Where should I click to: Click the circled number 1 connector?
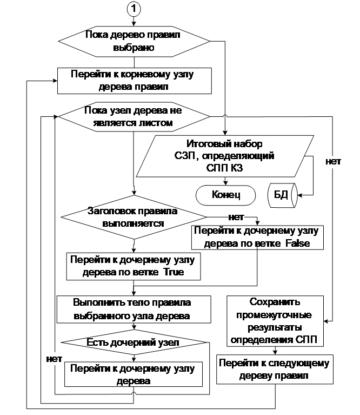[x=134, y=9]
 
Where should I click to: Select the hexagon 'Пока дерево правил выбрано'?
[x=134, y=41]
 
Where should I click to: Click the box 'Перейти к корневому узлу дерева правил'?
[x=135, y=81]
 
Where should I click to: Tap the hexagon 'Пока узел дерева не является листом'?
[x=134, y=116]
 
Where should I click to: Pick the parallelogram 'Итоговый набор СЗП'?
[x=225, y=156]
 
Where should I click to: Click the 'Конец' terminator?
[x=226, y=195]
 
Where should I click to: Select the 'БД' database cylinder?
[x=283, y=195]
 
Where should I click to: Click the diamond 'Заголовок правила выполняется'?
[x=134, y=217]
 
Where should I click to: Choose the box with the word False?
[x=257, y=238]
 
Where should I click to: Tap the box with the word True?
[x=134, y=266]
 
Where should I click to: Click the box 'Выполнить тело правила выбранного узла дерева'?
[x=134, y=309]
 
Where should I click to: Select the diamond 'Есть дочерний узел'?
[x=134, y=342]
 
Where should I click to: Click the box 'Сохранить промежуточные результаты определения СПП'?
[x=275, y=321]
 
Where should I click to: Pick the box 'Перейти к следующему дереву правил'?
[x=275, y=370]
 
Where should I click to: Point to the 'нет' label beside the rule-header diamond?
[x=236, y=218]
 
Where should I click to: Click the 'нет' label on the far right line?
[x=333, y=161]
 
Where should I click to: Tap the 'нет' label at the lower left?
[x=54, y=359]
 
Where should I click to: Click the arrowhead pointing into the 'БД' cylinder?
[x=300, y=195]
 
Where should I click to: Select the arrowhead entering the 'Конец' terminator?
[x=225, y=183]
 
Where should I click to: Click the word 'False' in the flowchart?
[x=297, y=243]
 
